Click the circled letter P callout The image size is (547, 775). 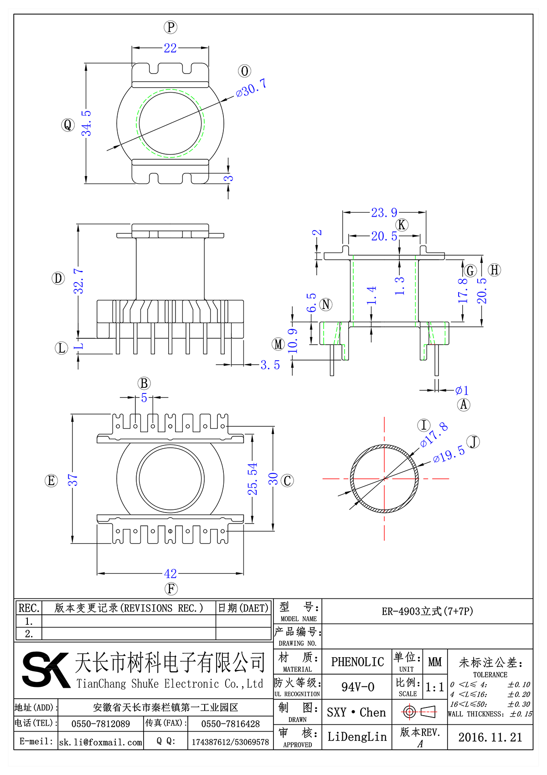(170, 27)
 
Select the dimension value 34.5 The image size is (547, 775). (86, 123)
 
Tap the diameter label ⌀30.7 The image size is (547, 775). (251, 88)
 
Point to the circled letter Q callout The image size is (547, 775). (68, 125)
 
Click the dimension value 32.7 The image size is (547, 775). (79, 281)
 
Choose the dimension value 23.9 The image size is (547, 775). (384, 213)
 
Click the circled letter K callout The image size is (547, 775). (402, 225)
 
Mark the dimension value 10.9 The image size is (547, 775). (293, 341)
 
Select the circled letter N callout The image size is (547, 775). (326, 304)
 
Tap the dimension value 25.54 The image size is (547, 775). (253, 479)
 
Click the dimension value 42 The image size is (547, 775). (170, 573)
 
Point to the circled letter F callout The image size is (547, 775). (171, 589)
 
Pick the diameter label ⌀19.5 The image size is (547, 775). (449, 454)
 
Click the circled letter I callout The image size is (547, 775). (424, 425)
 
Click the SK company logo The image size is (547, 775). (46, 670)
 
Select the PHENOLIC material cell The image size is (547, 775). (357, 662)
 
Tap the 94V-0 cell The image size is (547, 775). (357, 687)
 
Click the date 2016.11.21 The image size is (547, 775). (490, 737)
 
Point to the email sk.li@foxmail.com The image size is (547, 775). (101, 742)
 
